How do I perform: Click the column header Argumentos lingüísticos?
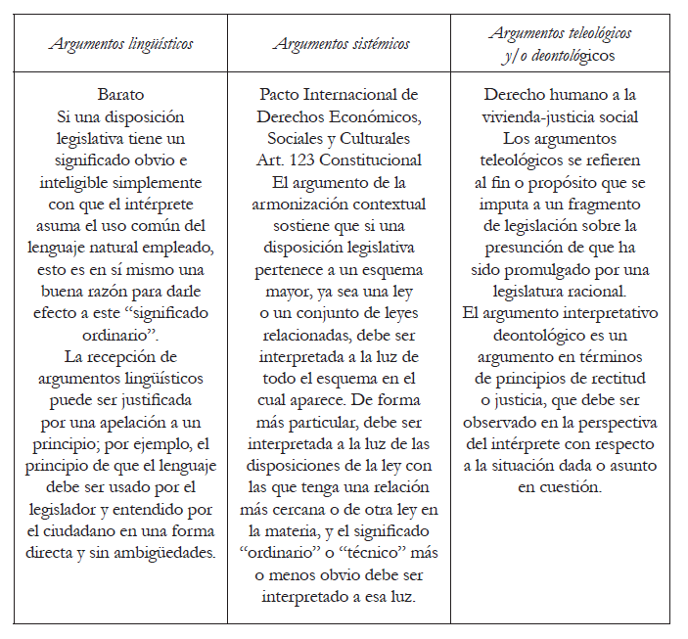pos(121,44)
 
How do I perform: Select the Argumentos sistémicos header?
pos(342,44)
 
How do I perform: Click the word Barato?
pos(121,95)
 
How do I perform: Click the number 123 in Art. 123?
pos(312,160)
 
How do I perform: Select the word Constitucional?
pos(375,160)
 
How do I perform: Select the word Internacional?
pos(366,95)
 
